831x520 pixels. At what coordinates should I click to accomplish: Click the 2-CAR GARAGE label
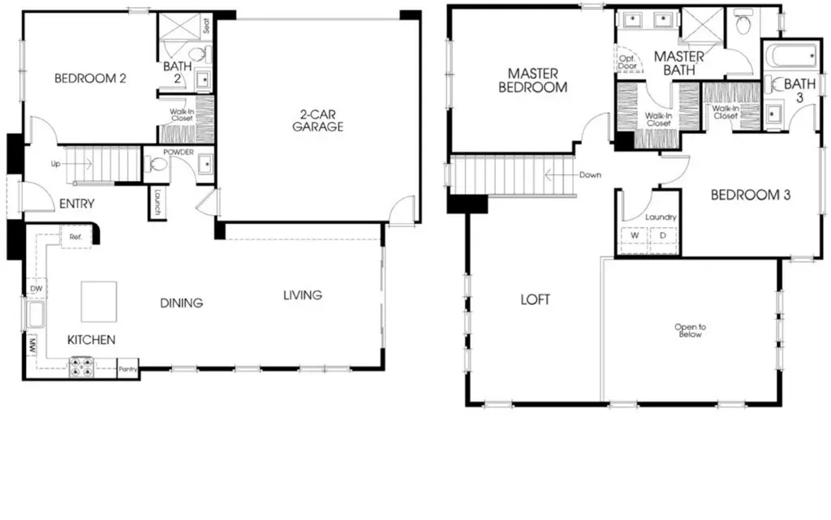click(x=317, y=120)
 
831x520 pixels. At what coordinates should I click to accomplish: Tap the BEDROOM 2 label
click(x=90, y=79)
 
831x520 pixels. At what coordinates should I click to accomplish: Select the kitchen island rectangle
click(x=98, y=302)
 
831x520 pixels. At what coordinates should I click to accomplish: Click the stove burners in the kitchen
click(x=82, y=367)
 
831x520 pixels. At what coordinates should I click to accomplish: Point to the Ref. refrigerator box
click(x=75, y=237)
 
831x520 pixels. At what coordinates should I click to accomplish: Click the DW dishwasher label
click(x=36, y=289)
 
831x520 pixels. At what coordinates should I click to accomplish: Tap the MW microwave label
click(x=32, y=347)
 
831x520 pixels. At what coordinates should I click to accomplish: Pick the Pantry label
click(x=127, y=369)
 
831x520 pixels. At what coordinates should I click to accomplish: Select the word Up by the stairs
click(x=56, y=164)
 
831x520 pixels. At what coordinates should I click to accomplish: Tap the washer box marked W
click(x=635, y=236)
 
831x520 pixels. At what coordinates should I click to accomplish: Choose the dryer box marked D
click(x=662, y=236)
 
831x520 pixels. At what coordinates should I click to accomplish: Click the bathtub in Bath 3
click(x=792, y=56)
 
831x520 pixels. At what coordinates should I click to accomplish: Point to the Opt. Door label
click(x=627, y=62)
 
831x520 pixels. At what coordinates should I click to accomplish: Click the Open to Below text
click(x=690, y=330)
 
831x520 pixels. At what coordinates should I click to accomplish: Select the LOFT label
click(x=536, y=299)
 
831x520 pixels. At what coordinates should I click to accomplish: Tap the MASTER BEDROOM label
click(x=532, y=80)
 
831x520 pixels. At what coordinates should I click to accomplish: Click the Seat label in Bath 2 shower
click(x=206, y=25)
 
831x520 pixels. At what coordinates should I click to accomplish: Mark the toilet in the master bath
click(x=743, y=24)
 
